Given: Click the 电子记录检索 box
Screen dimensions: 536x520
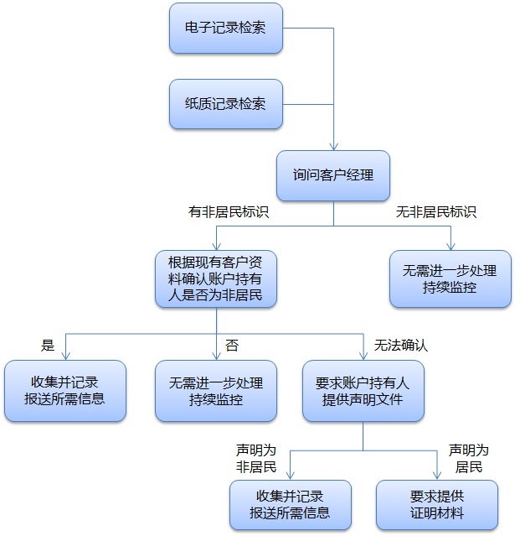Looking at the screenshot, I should tap(225, 29).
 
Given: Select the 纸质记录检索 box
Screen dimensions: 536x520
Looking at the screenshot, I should tap(225, 104).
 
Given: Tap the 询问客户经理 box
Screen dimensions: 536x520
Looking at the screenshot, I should tap(333, 176).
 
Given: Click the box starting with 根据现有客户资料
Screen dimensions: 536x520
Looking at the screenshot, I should tap(216, 278).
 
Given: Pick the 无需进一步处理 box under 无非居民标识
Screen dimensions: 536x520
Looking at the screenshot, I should tap(450, 278).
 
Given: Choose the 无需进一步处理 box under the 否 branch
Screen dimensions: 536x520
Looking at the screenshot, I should tap(216, 391).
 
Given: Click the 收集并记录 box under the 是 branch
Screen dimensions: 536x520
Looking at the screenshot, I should tap(65, 391).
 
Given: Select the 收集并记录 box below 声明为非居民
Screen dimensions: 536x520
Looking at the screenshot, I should tap(290, 504).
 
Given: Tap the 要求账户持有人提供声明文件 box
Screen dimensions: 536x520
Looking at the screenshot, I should tap(363, 391).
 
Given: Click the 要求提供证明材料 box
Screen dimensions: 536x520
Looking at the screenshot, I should tap(437, 504).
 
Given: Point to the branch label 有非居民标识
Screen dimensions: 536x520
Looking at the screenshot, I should tap(229, 213).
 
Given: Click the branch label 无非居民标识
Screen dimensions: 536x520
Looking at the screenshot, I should tap(436, 213).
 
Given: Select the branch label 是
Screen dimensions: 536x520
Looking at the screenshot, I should tap(48, 345).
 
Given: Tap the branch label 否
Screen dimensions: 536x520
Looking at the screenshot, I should tap(232, 345).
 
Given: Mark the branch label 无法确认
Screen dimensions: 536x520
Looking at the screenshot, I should tap(400, 345).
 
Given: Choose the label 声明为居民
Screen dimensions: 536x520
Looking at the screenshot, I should tap(469, 458).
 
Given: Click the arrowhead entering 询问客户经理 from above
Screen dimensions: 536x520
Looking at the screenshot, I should tap(333, 146).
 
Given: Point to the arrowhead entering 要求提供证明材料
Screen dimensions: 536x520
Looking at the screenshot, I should tap(437, 476).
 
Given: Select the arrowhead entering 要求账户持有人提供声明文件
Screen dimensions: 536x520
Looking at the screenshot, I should tap(363, 356).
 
